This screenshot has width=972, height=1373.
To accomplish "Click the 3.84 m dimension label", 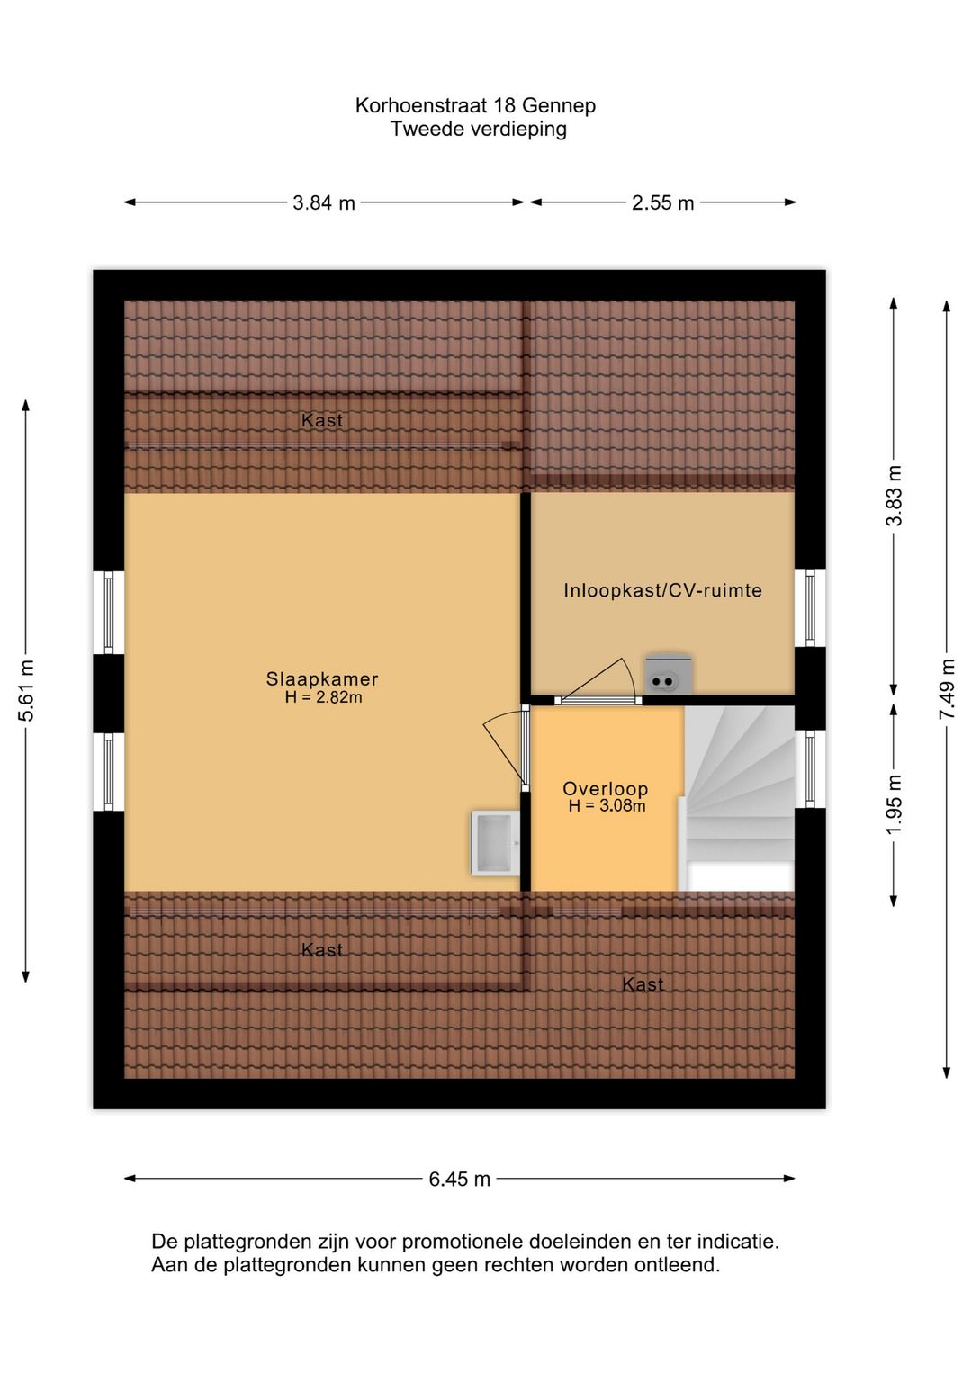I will click(324, 202).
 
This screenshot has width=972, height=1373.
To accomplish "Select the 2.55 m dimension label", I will click(662, 202).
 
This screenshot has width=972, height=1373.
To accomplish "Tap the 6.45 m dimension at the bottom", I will click(459, 1179).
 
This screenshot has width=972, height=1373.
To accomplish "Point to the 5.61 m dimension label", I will click(27, 690).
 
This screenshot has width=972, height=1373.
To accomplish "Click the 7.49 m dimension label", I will click(947, 688).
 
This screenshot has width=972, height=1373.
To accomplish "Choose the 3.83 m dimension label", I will click(894, 496).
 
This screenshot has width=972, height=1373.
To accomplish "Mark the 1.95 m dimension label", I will click(894, 803).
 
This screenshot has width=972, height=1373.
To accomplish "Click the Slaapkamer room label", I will click(322, 679).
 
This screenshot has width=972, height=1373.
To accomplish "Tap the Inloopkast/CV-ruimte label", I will click(662, 590).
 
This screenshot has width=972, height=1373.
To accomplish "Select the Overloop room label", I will click(605, 789).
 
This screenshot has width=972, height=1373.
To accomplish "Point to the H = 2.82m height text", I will click(323, 697).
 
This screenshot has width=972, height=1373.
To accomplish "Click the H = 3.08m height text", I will click(607, 806).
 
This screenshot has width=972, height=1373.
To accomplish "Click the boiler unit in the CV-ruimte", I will click(668, 674).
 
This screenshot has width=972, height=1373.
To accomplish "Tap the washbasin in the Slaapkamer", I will click(494, 843).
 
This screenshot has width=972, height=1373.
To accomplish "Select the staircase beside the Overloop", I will click(739, 792).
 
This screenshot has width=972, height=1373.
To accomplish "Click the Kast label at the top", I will click(322, 420).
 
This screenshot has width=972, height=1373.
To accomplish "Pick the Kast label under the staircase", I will click(643, 984).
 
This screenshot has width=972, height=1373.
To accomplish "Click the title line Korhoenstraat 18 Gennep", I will click(475, 105).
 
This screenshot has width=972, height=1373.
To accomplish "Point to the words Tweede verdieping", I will click(478, 129).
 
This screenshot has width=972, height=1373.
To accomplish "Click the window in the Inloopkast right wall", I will click(810, 607).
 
